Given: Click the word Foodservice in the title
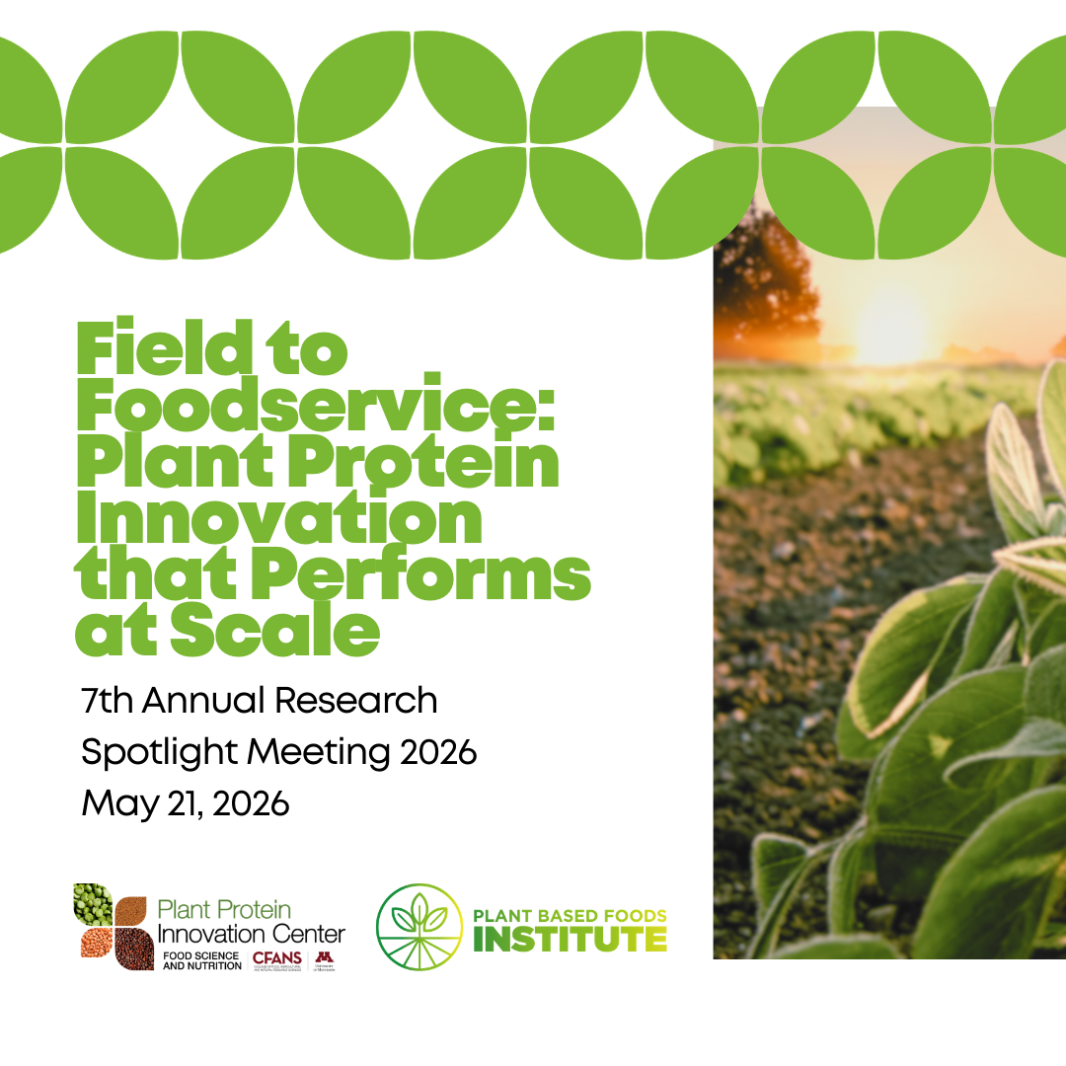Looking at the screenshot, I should pos(316,408).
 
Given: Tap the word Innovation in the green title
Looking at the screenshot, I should pos(279,521).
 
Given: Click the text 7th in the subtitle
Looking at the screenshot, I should pos(109,700).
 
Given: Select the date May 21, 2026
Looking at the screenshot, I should pos(185,803).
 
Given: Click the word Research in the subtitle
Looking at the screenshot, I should pos(355,700).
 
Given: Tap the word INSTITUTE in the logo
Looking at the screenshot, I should pos(570,940).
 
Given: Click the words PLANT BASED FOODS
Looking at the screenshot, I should pos(570,915).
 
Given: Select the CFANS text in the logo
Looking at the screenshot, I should pos(277,958).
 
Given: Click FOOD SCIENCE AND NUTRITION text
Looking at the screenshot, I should pos(202,960).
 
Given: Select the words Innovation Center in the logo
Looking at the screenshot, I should pos(252,933).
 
